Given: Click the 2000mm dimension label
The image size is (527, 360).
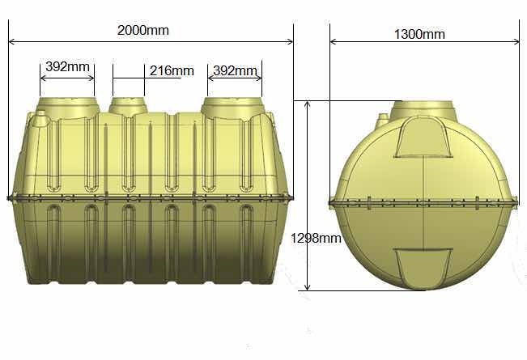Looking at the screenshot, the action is click(142, 30).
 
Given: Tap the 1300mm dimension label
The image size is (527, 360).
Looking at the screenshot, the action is click(419, 34).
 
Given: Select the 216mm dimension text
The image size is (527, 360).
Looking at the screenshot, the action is click(172, 71).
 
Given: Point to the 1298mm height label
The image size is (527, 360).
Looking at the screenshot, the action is click(316, 238).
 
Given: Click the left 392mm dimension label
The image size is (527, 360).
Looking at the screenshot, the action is click(67, 66).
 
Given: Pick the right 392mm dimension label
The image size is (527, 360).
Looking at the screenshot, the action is click(236, 70).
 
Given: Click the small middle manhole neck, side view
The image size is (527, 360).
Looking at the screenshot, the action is click(129, 105).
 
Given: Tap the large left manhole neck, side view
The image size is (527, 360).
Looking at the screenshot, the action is click(67, 107).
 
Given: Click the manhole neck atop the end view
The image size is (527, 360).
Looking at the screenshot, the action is click(424, 109).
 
